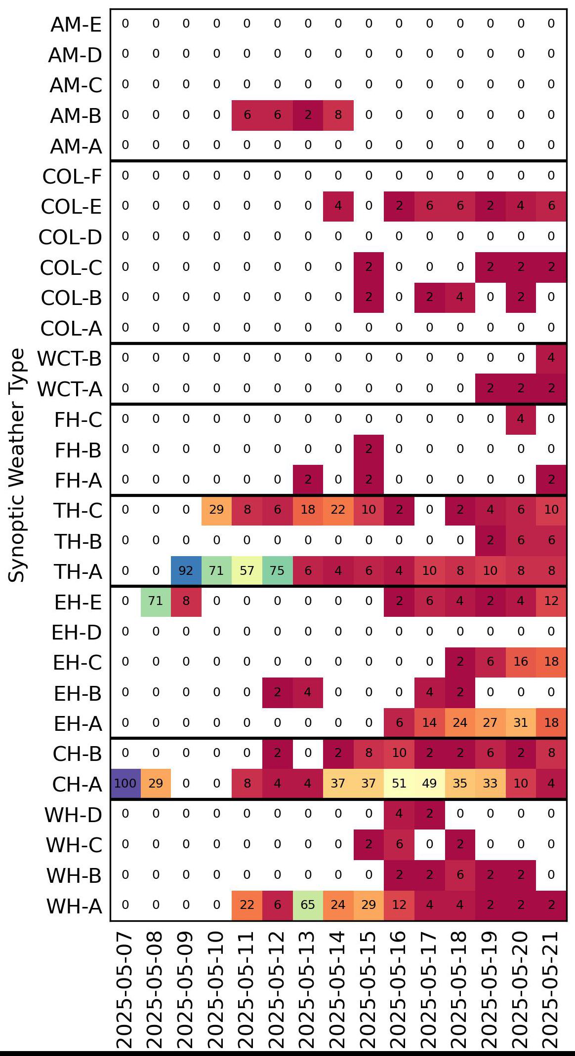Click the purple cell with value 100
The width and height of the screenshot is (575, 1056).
coord(125,784)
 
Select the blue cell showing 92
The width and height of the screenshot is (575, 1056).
coord(186,571)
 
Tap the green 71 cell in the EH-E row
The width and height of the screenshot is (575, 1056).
coord(156,601)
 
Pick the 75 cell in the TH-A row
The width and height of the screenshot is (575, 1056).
coord(277,571)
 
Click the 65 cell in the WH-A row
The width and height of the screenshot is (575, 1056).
coord(308,905)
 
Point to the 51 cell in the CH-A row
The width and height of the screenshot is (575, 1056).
coord(399,784)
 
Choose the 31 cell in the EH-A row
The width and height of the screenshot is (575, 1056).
coord(521,723)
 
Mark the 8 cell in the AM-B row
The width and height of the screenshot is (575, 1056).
coord(338,115)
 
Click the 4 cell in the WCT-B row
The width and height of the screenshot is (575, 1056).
coord(551,358)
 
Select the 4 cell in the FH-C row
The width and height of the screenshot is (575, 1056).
coord(521,419)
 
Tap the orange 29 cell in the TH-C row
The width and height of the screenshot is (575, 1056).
coord(216,510)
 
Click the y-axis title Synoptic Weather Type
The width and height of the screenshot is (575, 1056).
coord(17,465)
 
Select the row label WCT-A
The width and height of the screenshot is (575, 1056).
coord(70,389)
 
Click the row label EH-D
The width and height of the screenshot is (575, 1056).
coord(77,632)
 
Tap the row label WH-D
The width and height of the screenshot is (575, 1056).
coord(73,815)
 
